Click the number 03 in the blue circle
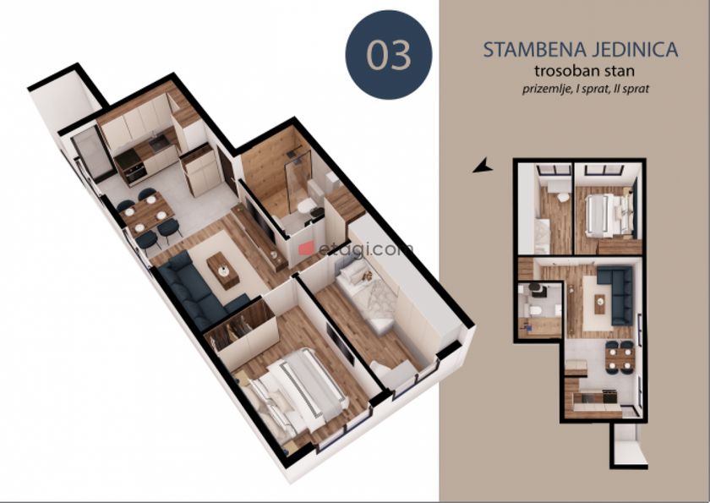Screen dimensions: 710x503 tap(389, 55)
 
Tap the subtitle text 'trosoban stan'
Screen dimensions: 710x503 tap(584, 71)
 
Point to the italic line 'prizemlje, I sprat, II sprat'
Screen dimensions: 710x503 tap(586, 89)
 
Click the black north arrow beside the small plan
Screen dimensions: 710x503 tap(483, 166)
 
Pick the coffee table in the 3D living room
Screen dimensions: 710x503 tap(223, 271)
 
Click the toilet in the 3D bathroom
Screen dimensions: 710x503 tap(307, 206)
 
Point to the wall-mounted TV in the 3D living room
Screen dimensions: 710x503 tap(259, 221)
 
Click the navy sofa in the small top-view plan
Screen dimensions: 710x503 tap(617, 294)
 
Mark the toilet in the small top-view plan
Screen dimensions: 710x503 tap(534, 309)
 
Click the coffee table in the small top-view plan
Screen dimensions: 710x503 tap(600, 303)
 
